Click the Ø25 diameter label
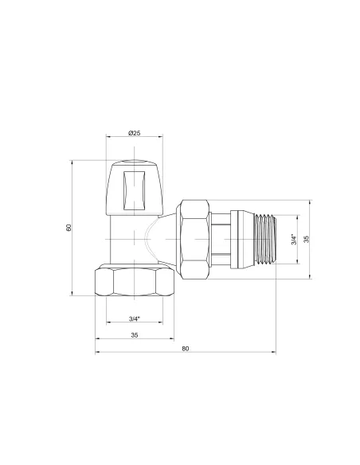134,131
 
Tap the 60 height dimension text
69,228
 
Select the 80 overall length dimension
186,349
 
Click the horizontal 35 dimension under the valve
134,335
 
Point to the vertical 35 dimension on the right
306,239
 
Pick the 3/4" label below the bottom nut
134,319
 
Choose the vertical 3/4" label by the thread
293,239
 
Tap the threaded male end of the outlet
262,239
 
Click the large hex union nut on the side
194,239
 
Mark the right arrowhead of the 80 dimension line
273,354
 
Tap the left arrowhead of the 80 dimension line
98,354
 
